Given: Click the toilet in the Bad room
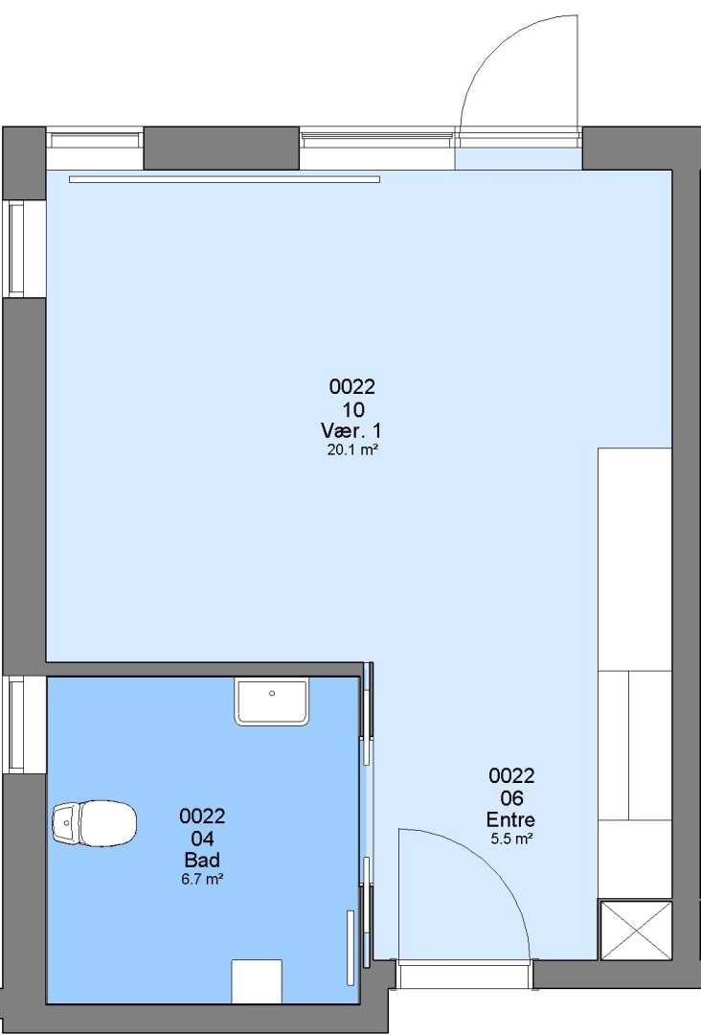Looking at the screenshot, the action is pos(94,823).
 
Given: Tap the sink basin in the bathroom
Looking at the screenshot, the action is pos(272,702).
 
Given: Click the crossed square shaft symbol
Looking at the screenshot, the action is pos(635,931).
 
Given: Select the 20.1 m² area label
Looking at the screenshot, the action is pos(352,450).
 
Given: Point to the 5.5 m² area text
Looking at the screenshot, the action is pos(511,839).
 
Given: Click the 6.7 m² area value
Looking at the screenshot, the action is pos(202,879).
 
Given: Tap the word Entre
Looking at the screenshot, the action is pos(510,819).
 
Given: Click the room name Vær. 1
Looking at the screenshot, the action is pos(350,431).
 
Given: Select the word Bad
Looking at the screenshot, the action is pos(202,860).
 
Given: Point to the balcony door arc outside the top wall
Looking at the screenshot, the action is pos(501,46).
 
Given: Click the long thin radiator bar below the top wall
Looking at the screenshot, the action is pos(224,179).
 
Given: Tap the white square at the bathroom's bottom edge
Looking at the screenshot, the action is pos(257,981).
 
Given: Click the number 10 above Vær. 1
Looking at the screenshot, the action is pos(352,410).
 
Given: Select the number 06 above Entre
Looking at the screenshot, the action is pos(511,798).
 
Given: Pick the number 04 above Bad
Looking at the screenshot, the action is pos(202,839).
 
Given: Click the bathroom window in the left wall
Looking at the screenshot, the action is pos(16,724).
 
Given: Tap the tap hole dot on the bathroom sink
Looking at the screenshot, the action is pos(272,693).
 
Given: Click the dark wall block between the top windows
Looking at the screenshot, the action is pos(221,148).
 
